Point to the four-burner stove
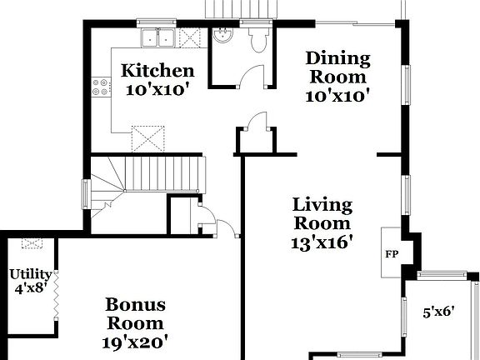[x=102, y=86]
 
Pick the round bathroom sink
[x=222, y=35]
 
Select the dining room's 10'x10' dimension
[x=337, y=96]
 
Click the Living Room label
[x=322, y=213]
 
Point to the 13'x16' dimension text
[x=322, y=242]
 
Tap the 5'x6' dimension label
[x=437, y=313]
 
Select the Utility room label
[x=30, y=274]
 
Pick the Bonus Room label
[x=135, y=314]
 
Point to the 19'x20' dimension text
[x=136, y=341]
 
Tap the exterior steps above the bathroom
[x=241, y=8]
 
